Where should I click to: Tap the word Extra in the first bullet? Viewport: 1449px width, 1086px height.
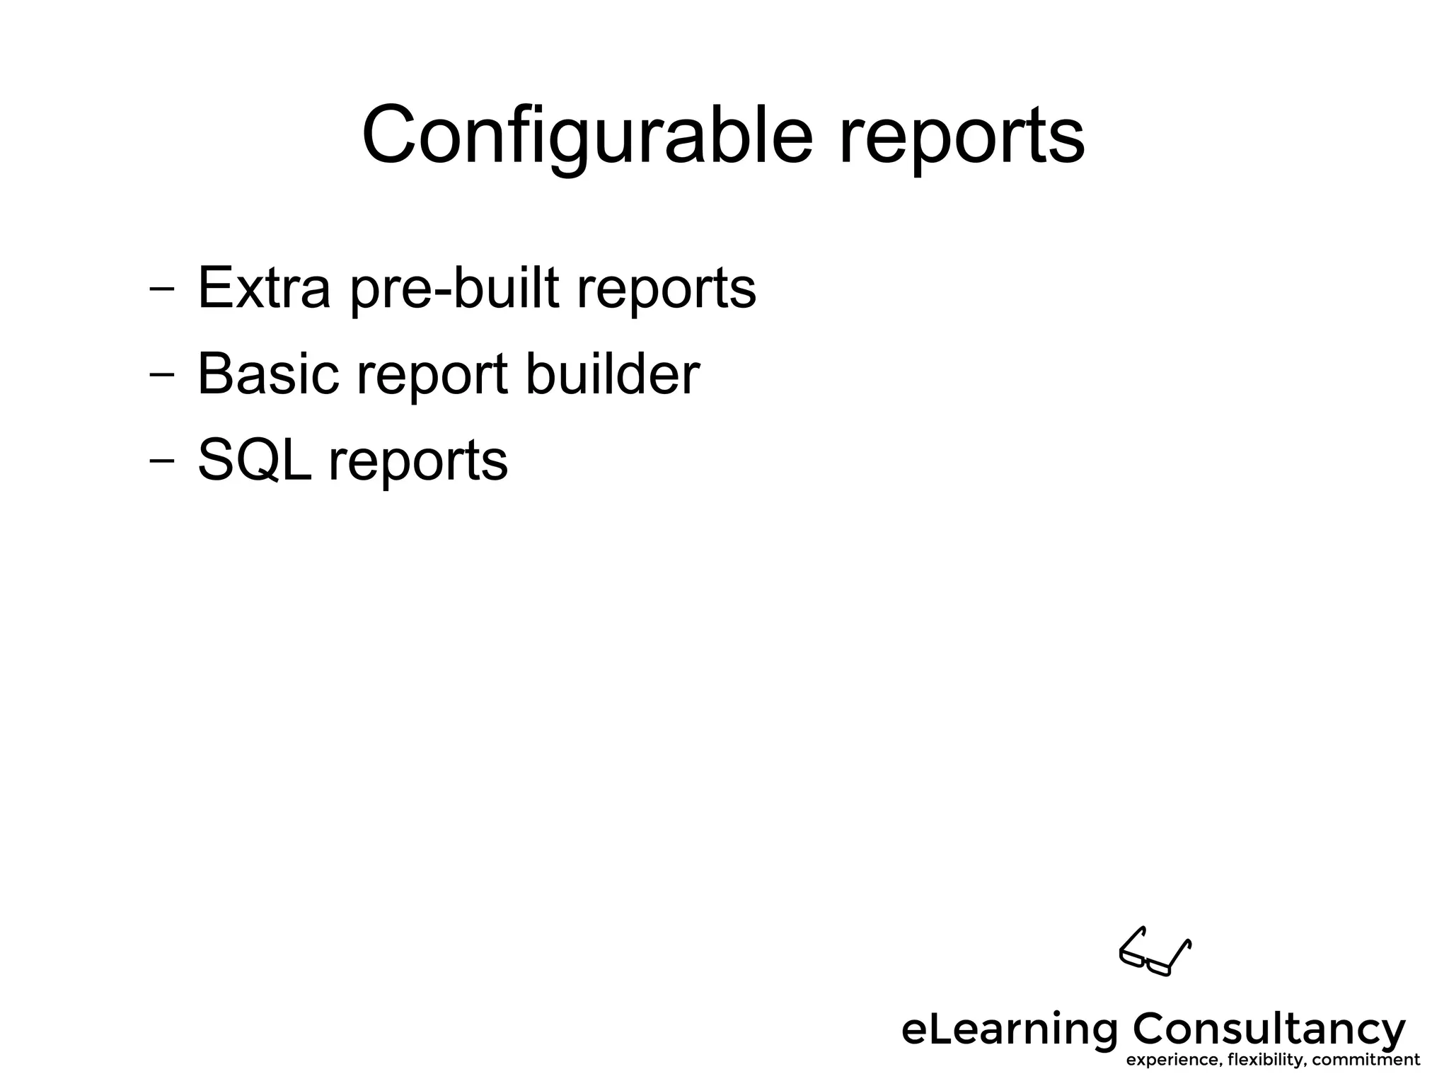pyautogui.click(x=264, y=288)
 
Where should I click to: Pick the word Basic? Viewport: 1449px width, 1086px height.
pyautogui.click(x=268, y=374)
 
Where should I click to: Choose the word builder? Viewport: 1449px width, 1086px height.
pyautogui.click(x=612, y=374)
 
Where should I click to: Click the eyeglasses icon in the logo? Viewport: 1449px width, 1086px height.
pyautogui.click(x=1155, y=952)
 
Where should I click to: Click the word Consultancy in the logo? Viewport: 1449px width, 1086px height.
pyautogui.click(x=1269, y=1029)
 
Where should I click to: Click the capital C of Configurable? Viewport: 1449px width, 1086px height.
pyautogui.click(x=393, y=134)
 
